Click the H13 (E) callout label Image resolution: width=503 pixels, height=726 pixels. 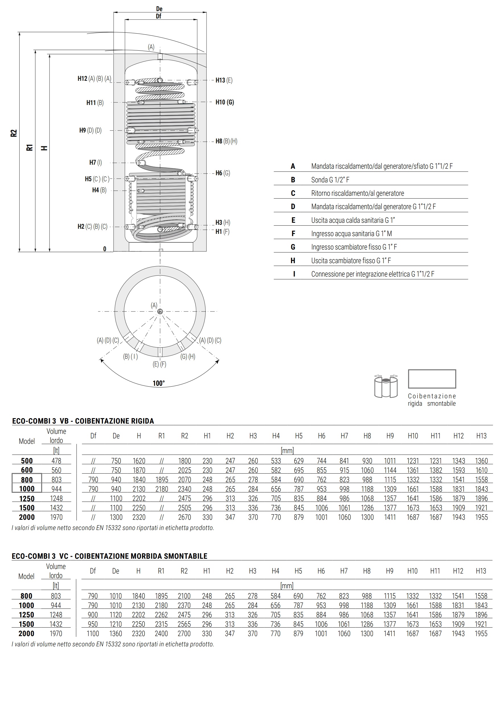tap(224, 80)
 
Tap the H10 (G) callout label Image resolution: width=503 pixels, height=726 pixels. tap(224, 102)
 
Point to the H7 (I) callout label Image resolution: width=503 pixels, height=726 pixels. tap(96, 163)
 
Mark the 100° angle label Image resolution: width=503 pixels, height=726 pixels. tap(158, 383)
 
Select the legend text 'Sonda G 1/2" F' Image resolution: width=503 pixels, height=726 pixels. tap(330, 180)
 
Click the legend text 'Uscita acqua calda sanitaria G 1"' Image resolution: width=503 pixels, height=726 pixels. tap(353, 220)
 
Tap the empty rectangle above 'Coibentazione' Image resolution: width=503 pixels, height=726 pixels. tap(432, 379)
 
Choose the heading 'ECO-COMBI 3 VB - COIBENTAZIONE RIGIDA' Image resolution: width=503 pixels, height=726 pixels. tap(83, 421)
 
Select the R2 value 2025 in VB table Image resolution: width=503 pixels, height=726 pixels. tap(184, 470)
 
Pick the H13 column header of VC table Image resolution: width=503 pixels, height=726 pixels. tap(481, 571)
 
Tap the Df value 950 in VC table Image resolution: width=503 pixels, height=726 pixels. tap(93, 624)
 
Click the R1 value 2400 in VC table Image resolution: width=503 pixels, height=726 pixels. tap(161, 633)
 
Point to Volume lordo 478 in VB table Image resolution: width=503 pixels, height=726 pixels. tap(56, 461)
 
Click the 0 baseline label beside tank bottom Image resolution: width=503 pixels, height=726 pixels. tap(105, 249)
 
